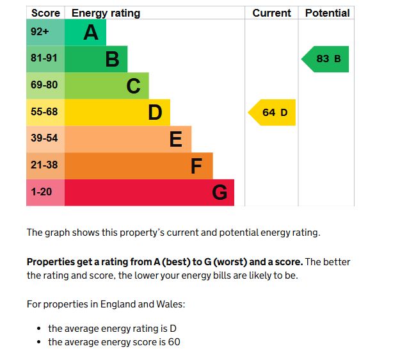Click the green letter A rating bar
click(x=85, y=32)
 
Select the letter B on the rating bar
click(x=112, y=59)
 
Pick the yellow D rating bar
click(x=117, y=112)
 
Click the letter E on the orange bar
click(x=175, y=139)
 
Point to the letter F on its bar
click(x=196, y=166)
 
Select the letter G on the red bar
click(x=219, y=192)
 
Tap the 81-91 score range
click(x=45, y=58)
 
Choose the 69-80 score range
click(x=45, y=85)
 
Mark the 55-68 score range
click(x=45, y=112)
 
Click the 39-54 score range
click(x=45, y=138)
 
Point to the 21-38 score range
click(x=45, y=165)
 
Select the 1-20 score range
click(x=42, y=192)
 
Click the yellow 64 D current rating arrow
click(x=273, y=113)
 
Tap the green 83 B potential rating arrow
click(x=326, y=59)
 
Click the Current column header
click(x=271, y=13)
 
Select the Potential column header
click(x=327, y=13)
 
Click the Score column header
click(x=45, y=13)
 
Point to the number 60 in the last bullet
click(x=174, y=342)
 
